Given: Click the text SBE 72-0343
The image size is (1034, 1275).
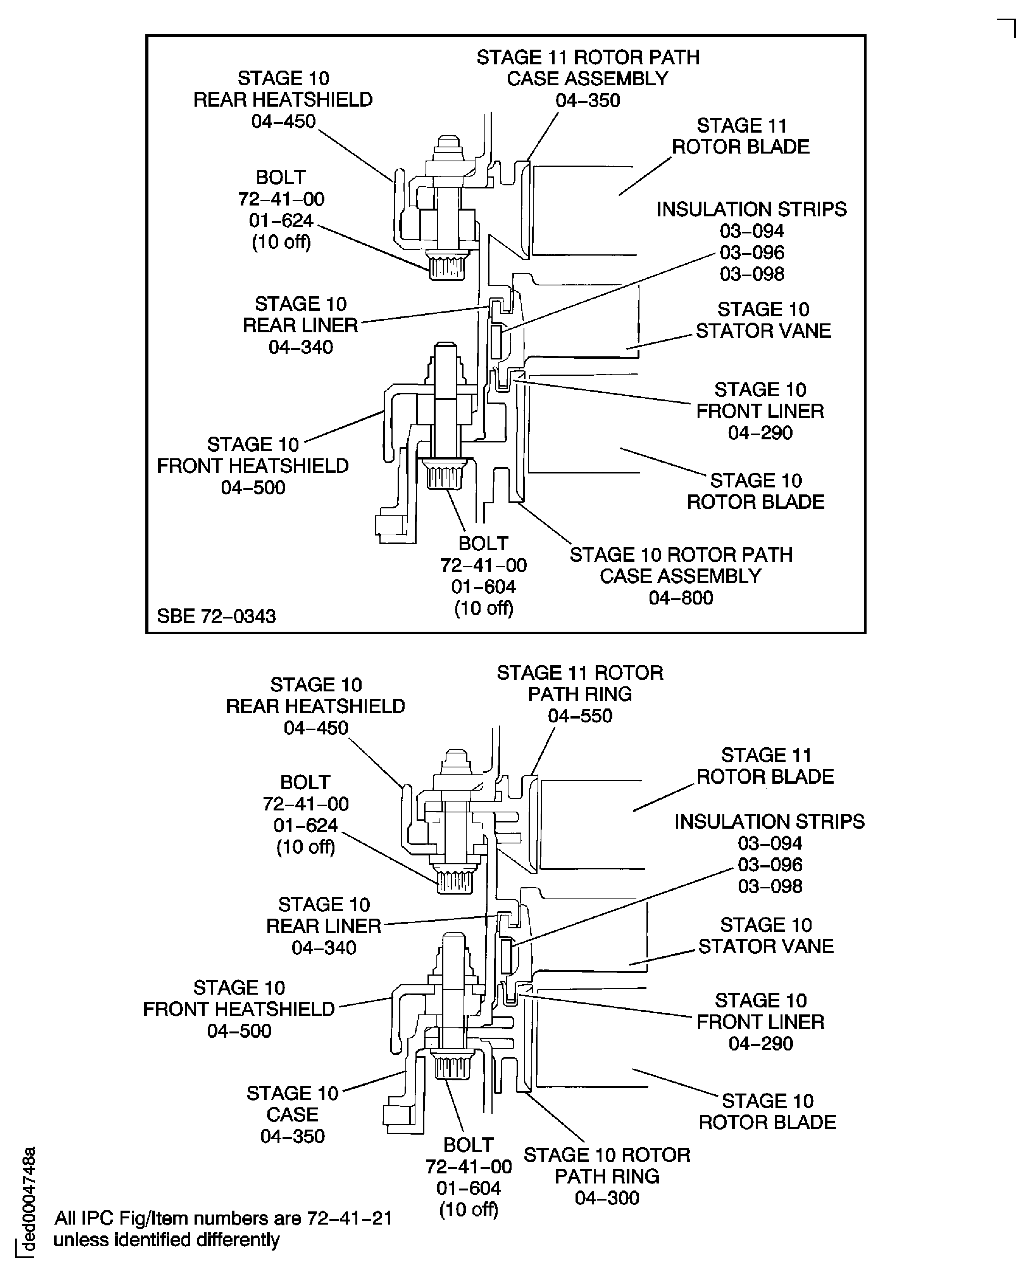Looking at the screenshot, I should click(x=216, y=616).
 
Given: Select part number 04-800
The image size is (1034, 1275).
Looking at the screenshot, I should click(x=681, y=598).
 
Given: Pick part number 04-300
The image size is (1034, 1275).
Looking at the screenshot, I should click(x=607, y=1197).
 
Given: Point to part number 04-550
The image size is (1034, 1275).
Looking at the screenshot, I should click(x=580, y=715).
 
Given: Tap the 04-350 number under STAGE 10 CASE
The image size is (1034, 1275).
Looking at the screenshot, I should click(x=293, y=1136).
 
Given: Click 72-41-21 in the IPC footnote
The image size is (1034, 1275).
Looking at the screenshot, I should click(x=349, y=1218).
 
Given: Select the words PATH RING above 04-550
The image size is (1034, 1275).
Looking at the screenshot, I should click(x=580, y=694).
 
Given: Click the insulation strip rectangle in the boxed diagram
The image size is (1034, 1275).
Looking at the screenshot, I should click(x=496, y=342).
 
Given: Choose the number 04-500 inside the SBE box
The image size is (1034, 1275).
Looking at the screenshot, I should click(x=253, y=487).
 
